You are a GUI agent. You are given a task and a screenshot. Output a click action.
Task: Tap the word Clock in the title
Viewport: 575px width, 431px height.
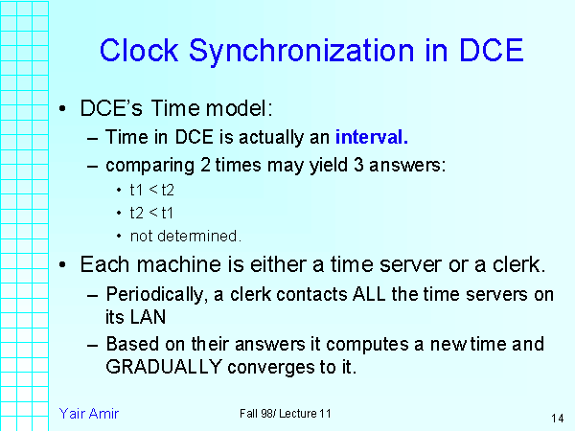[x=139, y=50]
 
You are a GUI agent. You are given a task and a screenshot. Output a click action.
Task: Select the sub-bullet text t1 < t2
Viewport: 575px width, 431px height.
[x=151, y=190]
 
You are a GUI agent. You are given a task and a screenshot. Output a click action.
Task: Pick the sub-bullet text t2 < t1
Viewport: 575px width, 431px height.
[x=151, y=213]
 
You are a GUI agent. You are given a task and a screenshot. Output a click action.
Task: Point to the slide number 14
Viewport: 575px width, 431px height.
[x=557, y=418]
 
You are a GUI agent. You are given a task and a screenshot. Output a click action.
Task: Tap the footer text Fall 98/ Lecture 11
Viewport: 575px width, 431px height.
[x=286, y=413]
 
